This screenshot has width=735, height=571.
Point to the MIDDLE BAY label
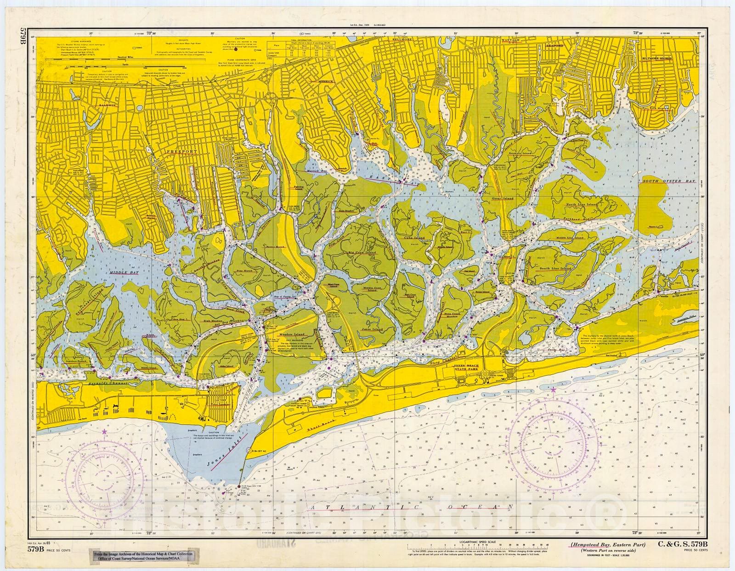click(120, 272)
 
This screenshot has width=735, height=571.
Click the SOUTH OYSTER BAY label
click(669, 182)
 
